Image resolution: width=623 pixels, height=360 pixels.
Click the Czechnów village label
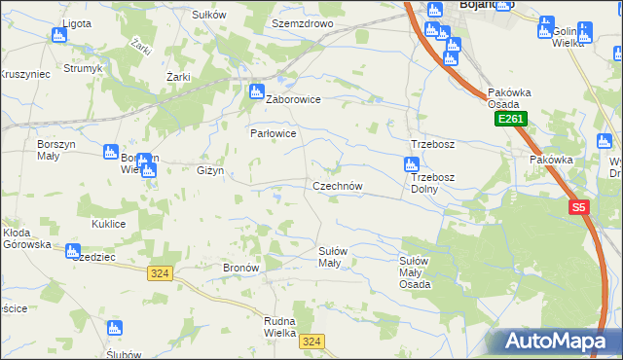coord(337,186)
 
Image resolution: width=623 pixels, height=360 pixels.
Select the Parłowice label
coord(272,132)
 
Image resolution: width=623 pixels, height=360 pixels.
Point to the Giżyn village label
coord(210,170)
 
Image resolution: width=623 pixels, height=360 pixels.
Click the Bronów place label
coord(239,267)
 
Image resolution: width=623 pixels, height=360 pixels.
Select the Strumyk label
coord(83,68)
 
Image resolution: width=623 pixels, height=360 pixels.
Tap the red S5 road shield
coord(579,207)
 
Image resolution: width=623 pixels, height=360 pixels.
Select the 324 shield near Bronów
coord(161,274)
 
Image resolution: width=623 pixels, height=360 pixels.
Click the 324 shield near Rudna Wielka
coord(311,341)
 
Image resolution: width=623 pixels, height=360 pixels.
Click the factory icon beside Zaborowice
coord(257,92)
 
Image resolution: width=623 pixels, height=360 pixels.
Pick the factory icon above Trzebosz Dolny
coord(412,166)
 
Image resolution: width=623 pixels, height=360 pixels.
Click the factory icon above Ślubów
coord(113,329)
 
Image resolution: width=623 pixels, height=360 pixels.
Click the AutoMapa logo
coord(556,342)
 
